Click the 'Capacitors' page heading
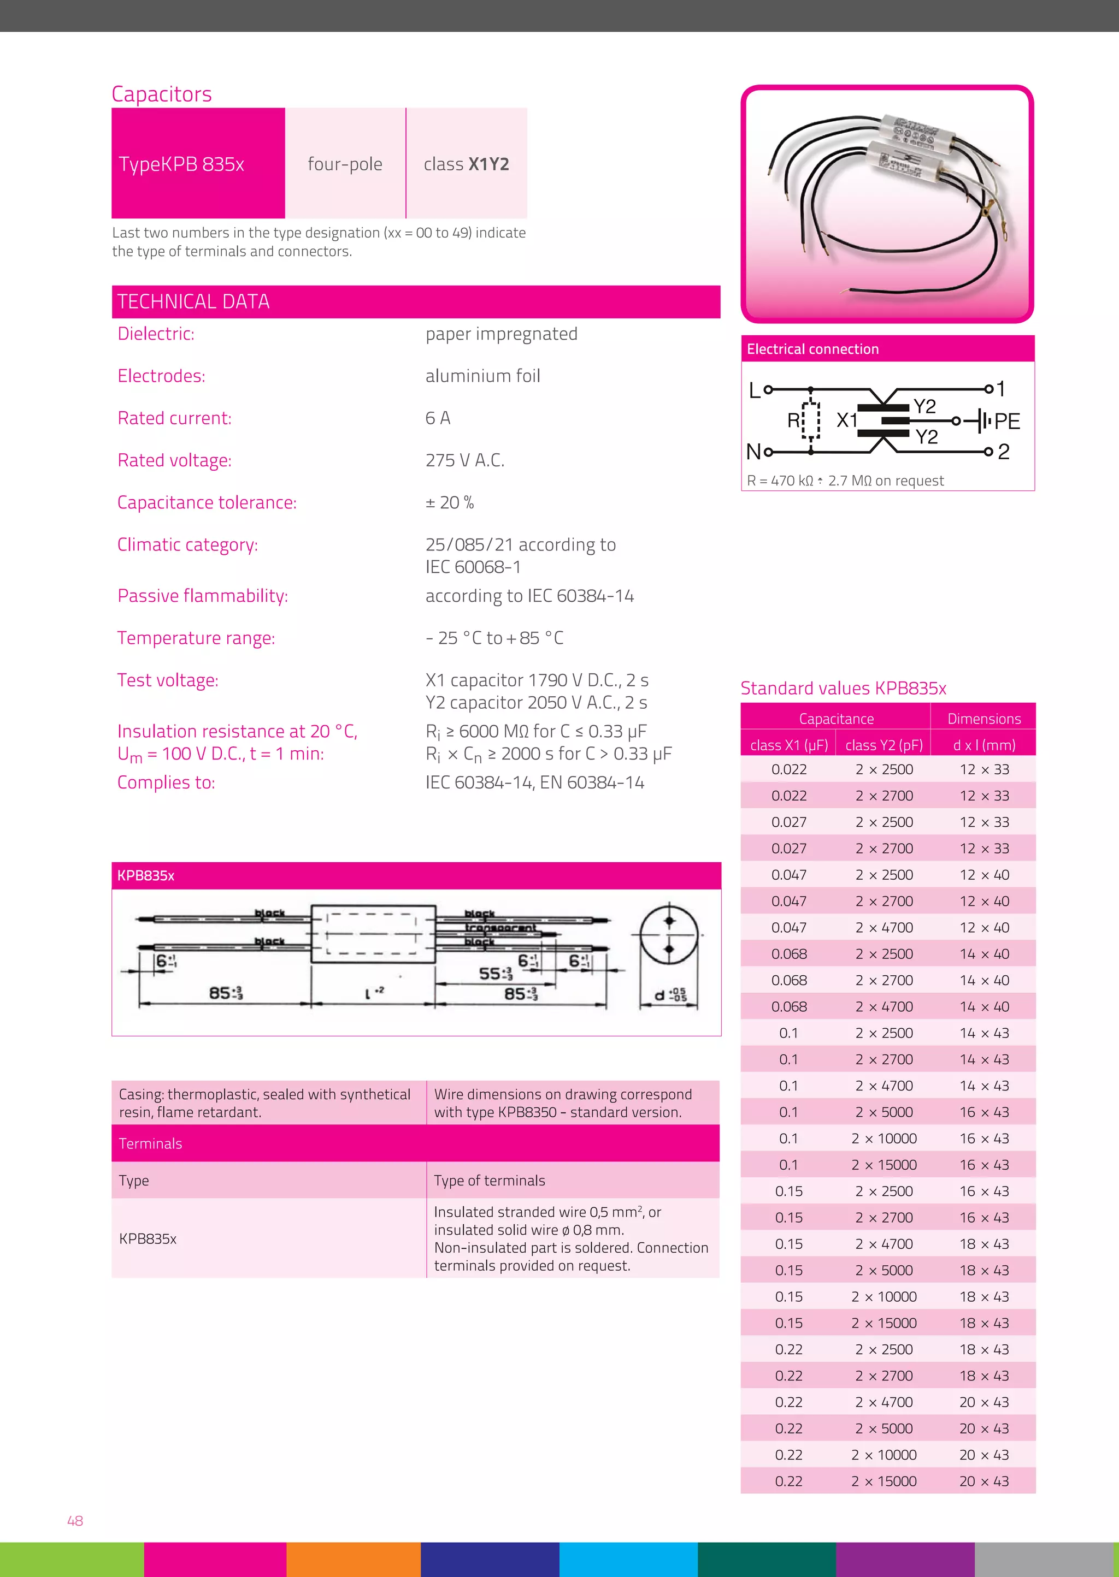point(161,94)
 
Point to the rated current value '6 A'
point(438,418)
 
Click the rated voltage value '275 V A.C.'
point(464,460)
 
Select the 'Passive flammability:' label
point(203,596)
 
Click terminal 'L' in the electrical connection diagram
point(755,390)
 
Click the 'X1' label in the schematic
point(846,420)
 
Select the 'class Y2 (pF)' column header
point(884,745)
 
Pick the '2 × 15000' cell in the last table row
point(884,1481)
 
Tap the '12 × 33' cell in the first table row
point(984,769)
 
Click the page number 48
point(75,1521)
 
